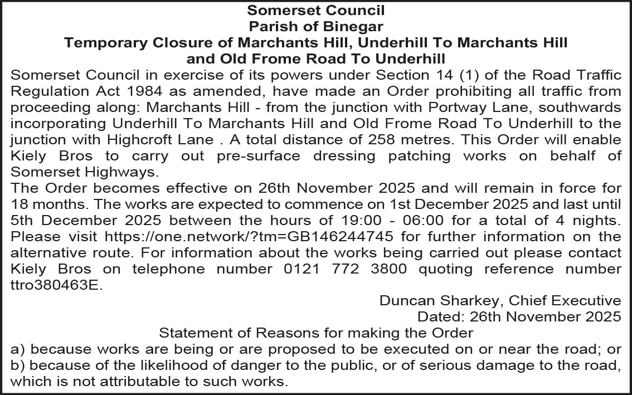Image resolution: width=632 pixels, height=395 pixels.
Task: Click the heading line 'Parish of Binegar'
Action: pos(315,26)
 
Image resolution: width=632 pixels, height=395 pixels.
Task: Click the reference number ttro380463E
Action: pos(57,285)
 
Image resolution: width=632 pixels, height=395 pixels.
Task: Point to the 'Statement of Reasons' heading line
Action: pos(315,333)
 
